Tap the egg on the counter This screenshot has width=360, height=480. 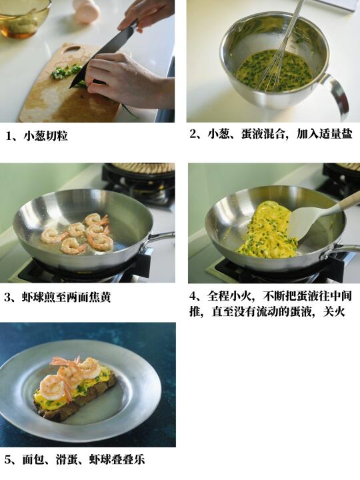86,11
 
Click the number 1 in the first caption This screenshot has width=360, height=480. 9,136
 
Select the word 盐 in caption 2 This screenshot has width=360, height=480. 347,134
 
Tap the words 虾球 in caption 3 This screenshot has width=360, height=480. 33,297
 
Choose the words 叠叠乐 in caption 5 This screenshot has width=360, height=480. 128,459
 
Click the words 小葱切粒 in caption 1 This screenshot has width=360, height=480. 45,136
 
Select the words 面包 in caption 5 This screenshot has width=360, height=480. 33,459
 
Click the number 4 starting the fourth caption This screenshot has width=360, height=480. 193,296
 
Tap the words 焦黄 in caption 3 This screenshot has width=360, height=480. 99,297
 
